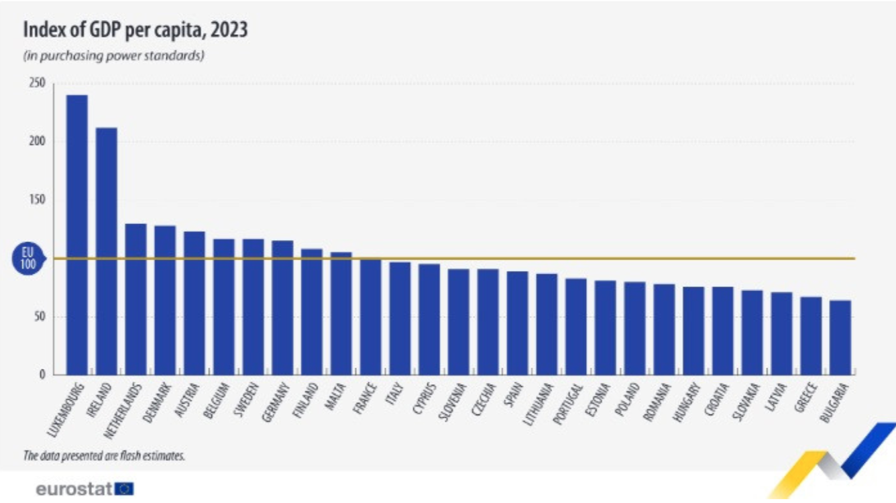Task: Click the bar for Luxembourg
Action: click(77, 235)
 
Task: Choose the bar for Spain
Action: click(518, 323)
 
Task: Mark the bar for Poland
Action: click(634, 328)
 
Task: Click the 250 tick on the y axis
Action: click(37, 83)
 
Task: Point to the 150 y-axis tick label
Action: click(37, 200)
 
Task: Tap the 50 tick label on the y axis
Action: click(39, 317)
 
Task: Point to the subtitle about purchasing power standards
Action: click(113, 56)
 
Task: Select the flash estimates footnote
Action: click(104, 456)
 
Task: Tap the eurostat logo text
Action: click(74, 489)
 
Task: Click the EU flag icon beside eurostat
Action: click(125, 489)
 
